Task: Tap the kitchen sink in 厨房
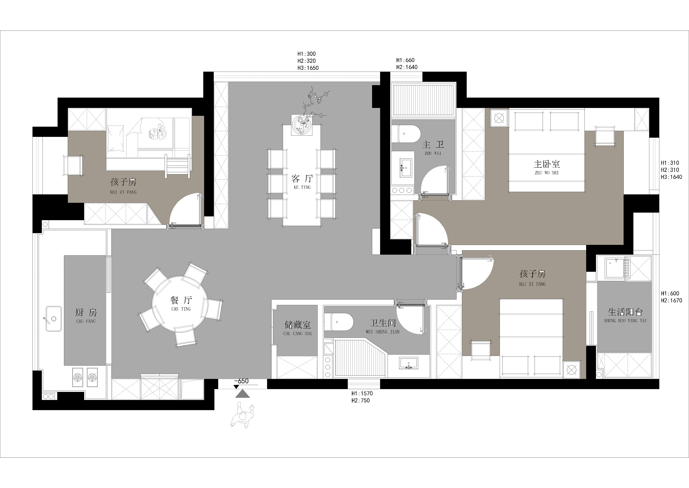(54, 319)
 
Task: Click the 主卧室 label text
(547, 164)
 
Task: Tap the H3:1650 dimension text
(308, 68)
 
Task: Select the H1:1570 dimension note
(362, 393)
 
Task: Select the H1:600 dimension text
(670, 293)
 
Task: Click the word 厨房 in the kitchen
(86, 313)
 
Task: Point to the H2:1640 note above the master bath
(407, 67)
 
